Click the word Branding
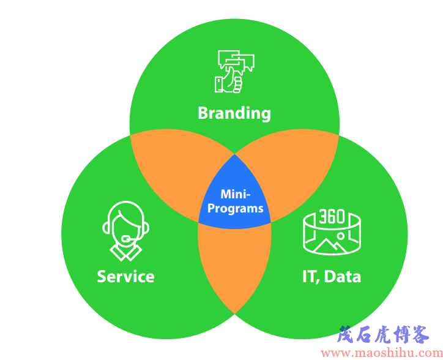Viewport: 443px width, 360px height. (234, 113)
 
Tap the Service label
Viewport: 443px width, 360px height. (125, 276)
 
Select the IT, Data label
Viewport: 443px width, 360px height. (332, 276)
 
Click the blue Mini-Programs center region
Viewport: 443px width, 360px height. (234, 198)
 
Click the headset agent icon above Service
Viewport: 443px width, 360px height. (125, 231)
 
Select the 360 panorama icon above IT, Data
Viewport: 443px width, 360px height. (332, 232)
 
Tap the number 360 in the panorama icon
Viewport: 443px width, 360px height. (332, 216)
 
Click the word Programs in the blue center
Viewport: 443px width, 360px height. (236, 209)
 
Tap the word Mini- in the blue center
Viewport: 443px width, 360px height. (236, 194)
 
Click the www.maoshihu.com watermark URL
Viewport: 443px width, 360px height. (382, 353)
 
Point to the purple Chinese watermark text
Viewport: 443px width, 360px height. (384, 334)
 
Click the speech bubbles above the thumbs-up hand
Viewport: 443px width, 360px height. (236, 61)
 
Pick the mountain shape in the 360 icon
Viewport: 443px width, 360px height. (330, 246)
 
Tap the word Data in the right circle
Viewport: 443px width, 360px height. (343, 276)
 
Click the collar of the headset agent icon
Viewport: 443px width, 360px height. (125, 252)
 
